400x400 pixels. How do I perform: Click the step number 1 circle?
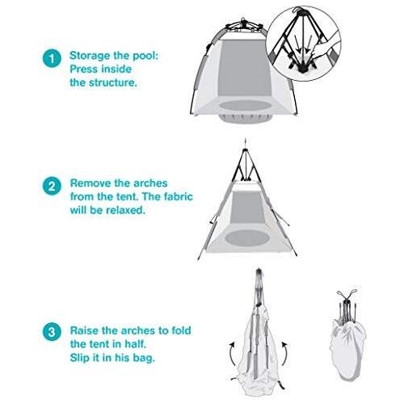pos(52,59)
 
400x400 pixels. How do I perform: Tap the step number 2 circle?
pos(52,186)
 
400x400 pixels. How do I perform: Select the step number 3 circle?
pos(52,331)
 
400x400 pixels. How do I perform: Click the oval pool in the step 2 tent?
pos(247,238)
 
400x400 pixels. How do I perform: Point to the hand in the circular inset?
pos(324,48)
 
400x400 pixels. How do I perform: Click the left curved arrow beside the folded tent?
pos(232,353)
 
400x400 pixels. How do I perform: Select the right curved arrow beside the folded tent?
pos(284,354)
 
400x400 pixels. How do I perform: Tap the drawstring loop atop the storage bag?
pos(347,293)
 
